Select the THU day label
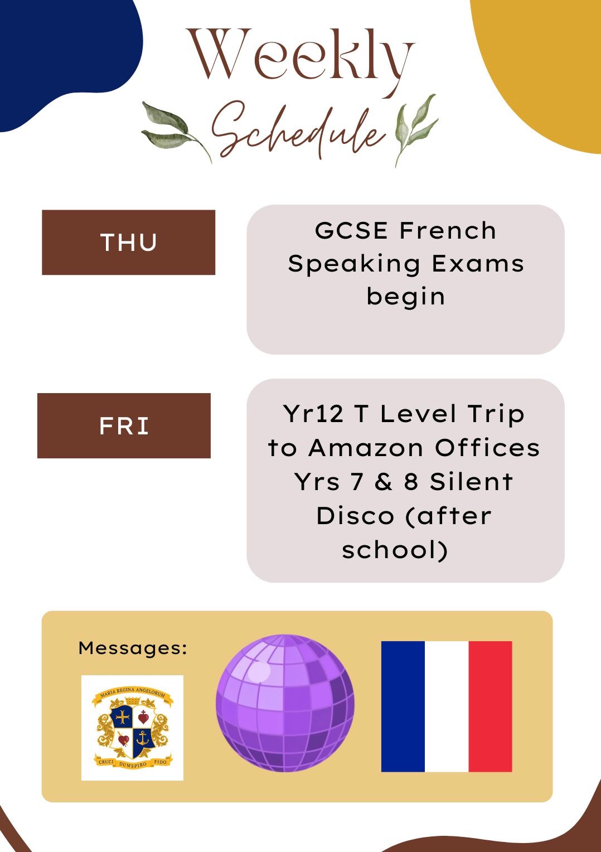coord(129,243)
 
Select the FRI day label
coord(124,425)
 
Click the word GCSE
coord(351,230)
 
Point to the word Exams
coord(478,264)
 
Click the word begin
coord(405,297)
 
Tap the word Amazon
coord(366,448)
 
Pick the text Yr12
coord(313,413)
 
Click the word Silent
coord(471,482)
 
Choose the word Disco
coord(355,516)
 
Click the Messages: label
coord(133,648)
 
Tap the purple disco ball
coord(285,703)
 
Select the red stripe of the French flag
coord(490,706)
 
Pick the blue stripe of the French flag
coord(403,706)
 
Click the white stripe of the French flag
coord(447,706)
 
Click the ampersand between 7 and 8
coord(384,482)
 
